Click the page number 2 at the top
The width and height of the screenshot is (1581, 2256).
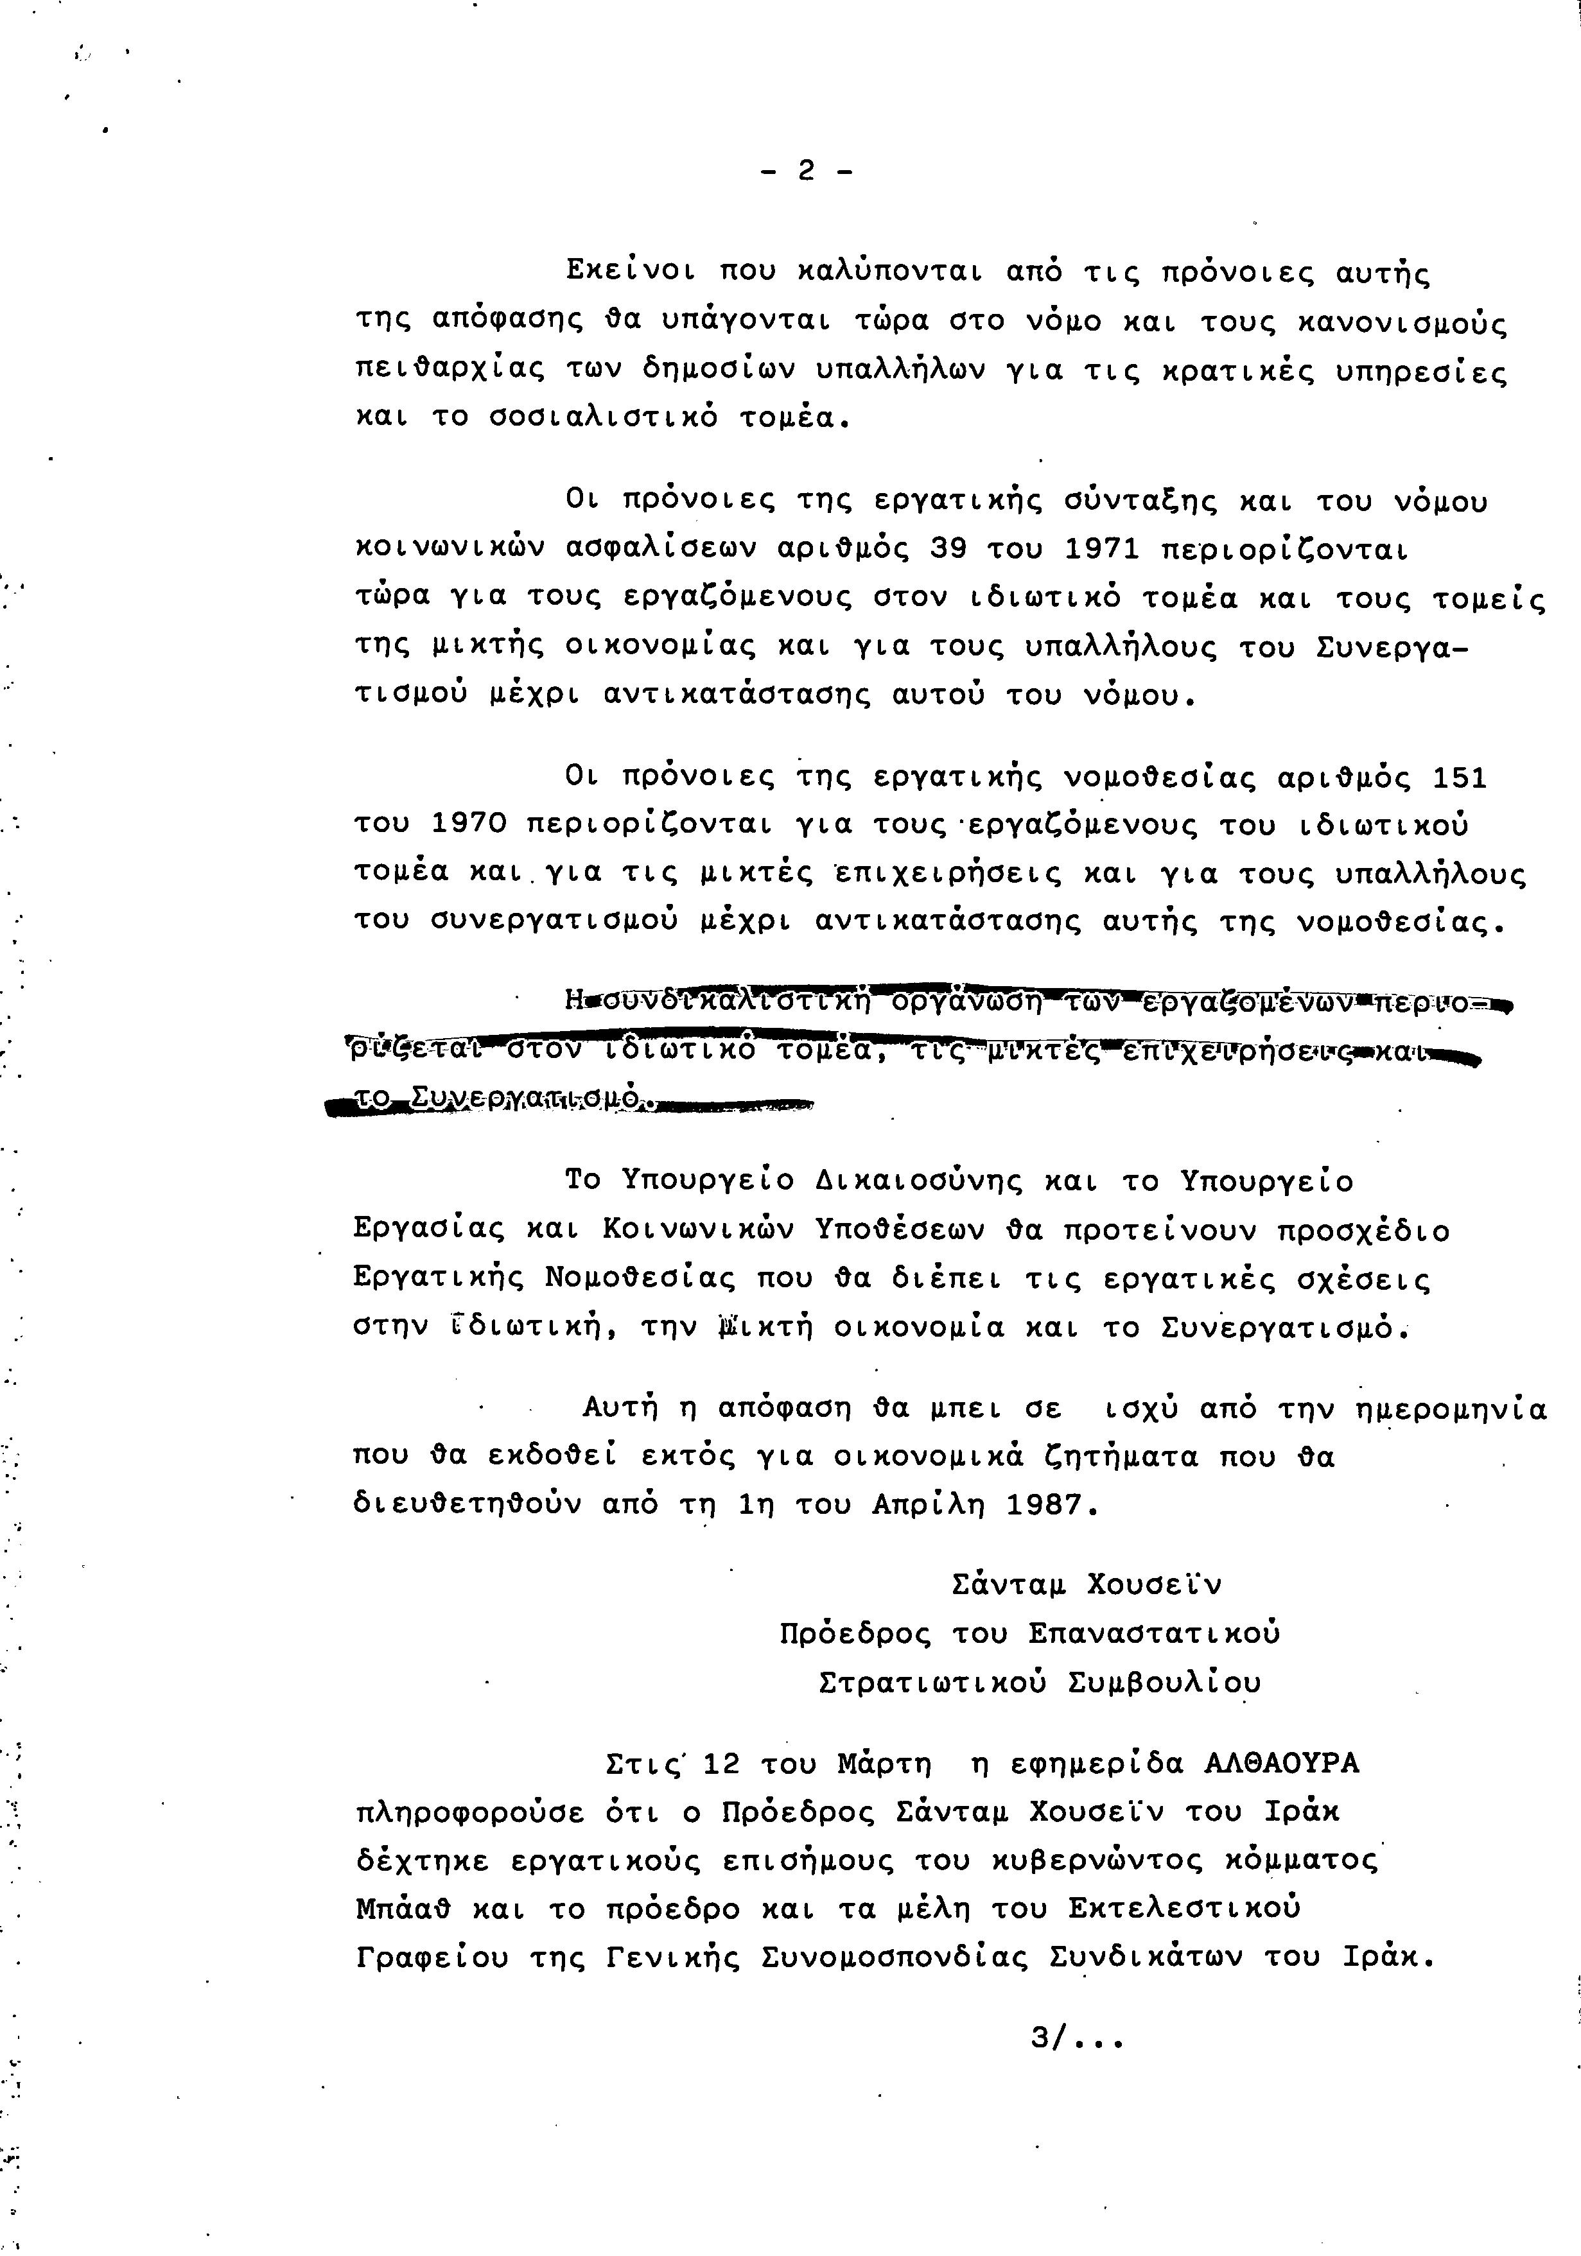point(806,172)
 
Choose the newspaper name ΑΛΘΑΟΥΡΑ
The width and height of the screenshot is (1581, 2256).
point(1281,1764)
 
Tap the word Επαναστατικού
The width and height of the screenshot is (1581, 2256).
point(1155,1634)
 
